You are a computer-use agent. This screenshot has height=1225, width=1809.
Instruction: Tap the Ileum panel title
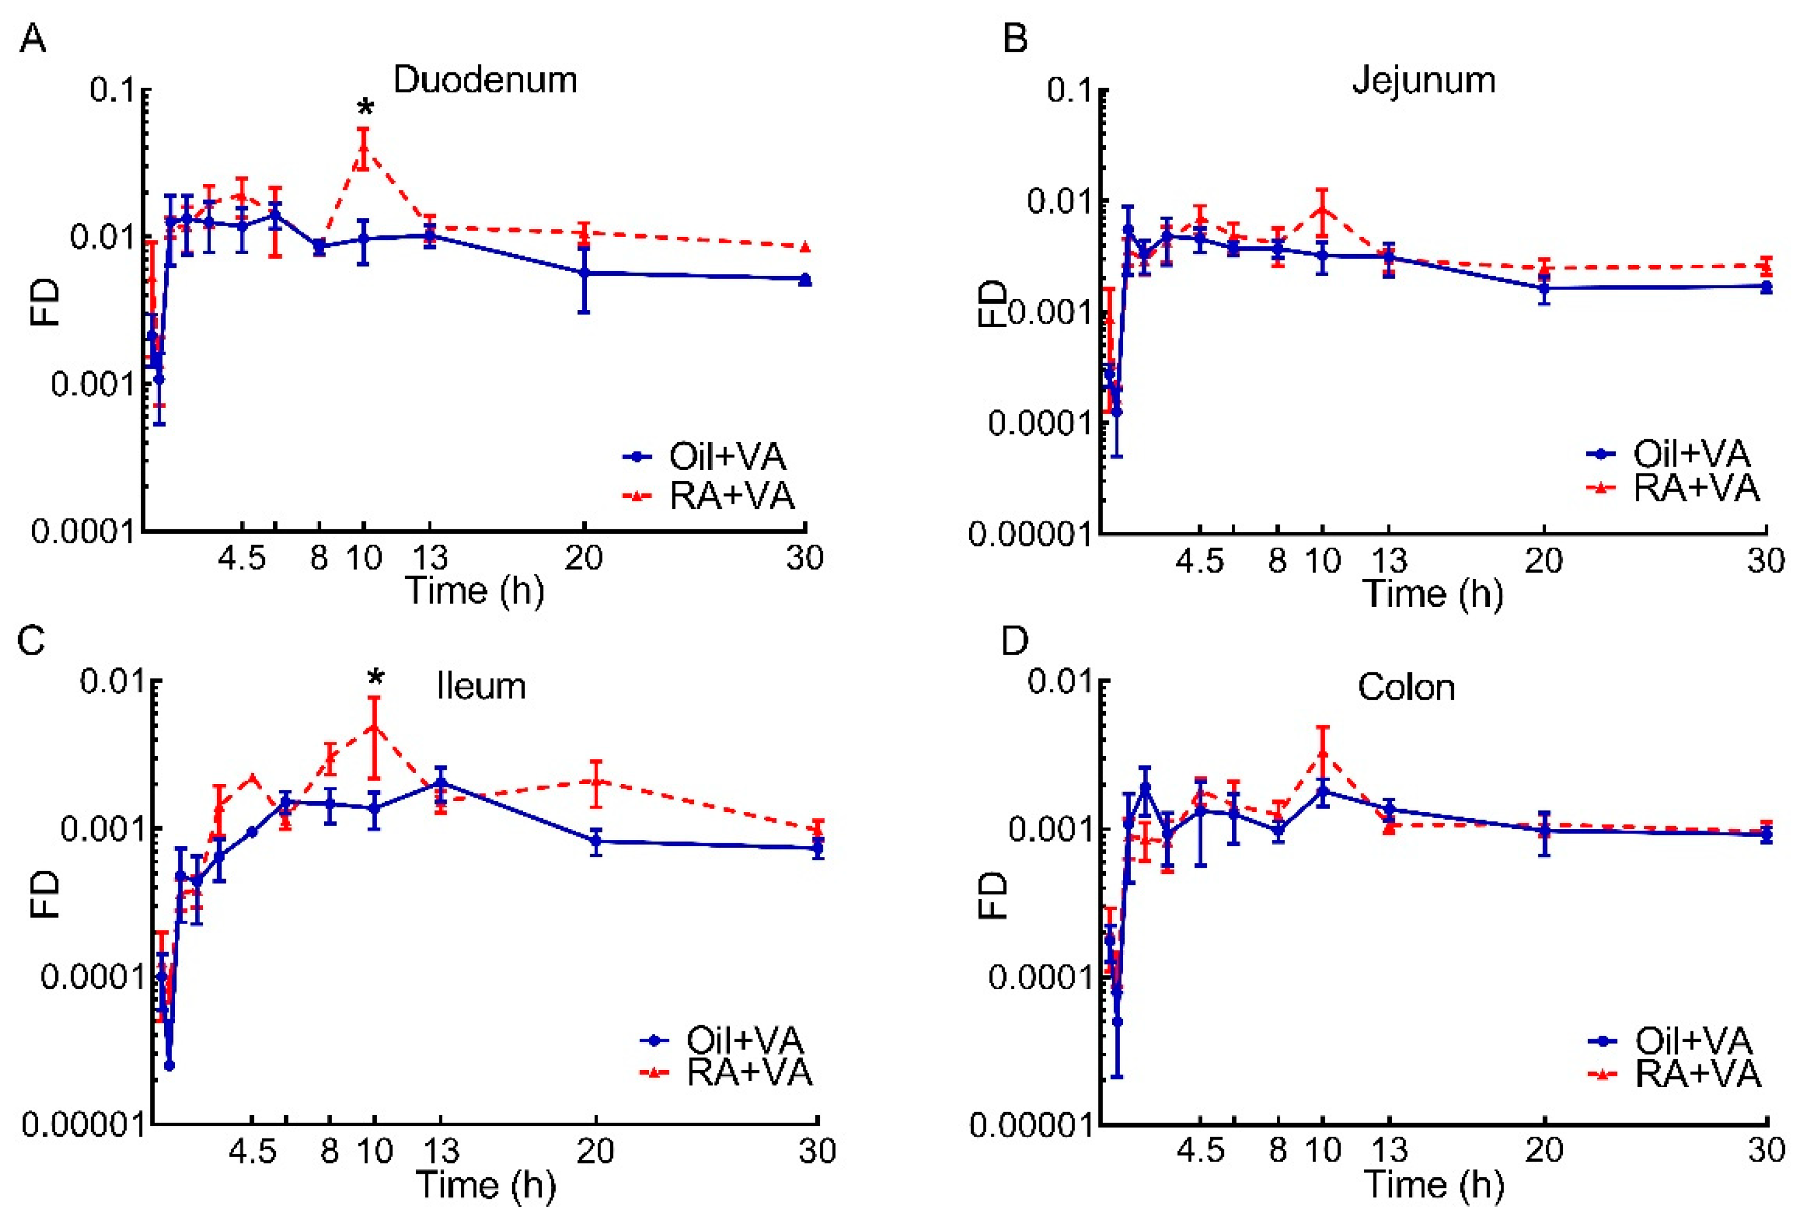click(x=481, y=687)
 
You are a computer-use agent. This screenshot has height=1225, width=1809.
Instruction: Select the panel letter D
click(x=1014, y=640)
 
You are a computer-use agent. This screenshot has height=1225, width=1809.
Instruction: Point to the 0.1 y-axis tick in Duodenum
click(x=113, y=89)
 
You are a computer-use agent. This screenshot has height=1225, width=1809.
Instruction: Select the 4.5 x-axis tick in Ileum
click(x=252, y=1150)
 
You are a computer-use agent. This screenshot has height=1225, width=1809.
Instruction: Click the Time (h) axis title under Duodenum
click(x=475, y=591)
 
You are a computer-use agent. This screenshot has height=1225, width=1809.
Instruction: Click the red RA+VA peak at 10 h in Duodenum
click(x=364, y=148)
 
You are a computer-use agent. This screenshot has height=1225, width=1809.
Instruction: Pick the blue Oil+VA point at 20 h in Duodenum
click(x=585, y=273)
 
